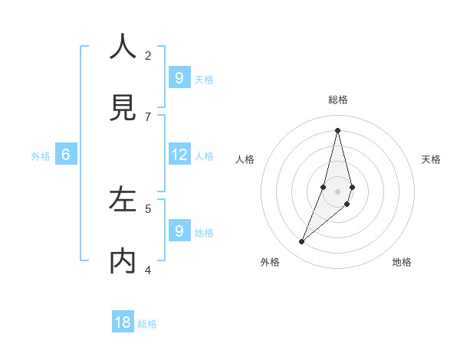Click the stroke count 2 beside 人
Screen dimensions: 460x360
(148, 55)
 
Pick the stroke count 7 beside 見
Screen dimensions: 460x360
(148, 116)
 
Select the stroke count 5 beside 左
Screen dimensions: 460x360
(148, 208)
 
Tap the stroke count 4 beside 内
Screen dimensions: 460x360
(148, 270)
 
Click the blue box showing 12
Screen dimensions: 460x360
(179, 155)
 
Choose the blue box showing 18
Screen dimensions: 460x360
(123, 322)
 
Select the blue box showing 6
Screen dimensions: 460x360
(66, 155)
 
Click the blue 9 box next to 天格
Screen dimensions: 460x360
(179, 78)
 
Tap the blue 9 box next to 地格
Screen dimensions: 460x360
(179, 231)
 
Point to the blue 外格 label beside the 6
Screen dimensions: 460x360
(41, 156)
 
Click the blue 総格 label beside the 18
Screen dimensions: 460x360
(147, 324)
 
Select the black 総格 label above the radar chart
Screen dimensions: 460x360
(338, 100)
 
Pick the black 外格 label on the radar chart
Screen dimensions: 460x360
(270, 262)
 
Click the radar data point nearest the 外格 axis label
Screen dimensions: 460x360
(302, 242)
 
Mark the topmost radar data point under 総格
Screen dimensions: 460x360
(337, 130)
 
